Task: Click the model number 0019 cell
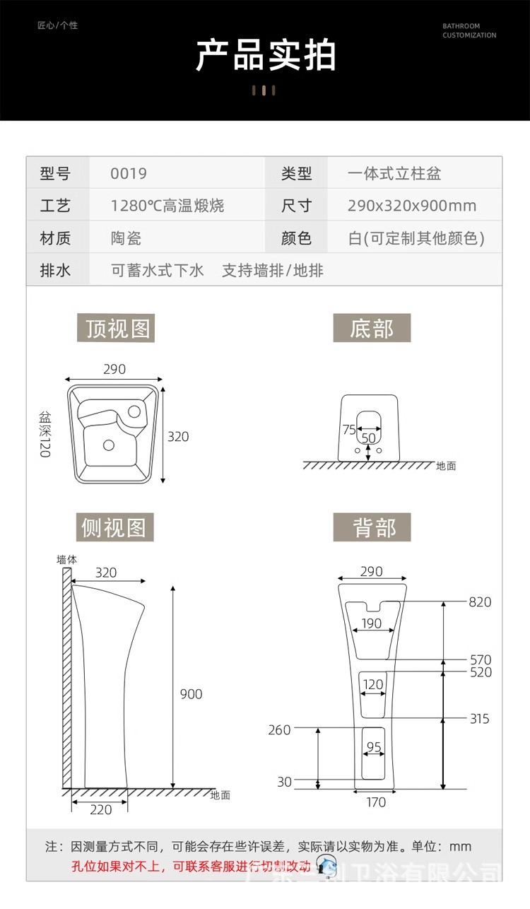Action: click(129, 173)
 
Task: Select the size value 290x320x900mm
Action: click(411, 206)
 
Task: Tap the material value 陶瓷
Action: click(126, 238)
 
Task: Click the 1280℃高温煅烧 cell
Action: click(167, 206)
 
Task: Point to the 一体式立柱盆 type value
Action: click(394, 173)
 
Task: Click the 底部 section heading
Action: click(372, 329)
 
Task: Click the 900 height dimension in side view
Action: click(191, 694)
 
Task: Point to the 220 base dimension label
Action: click(101, 809)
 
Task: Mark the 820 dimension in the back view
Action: click(480, 602)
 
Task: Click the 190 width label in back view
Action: click(372, 623)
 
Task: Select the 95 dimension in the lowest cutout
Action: click(374, 747)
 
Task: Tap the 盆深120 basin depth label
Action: click(45, 435)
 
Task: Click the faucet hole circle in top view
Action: click(134, 411)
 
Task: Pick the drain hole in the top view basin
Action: click(109, 445)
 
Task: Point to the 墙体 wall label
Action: click(67, 559)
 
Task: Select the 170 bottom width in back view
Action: click(376, 802)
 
